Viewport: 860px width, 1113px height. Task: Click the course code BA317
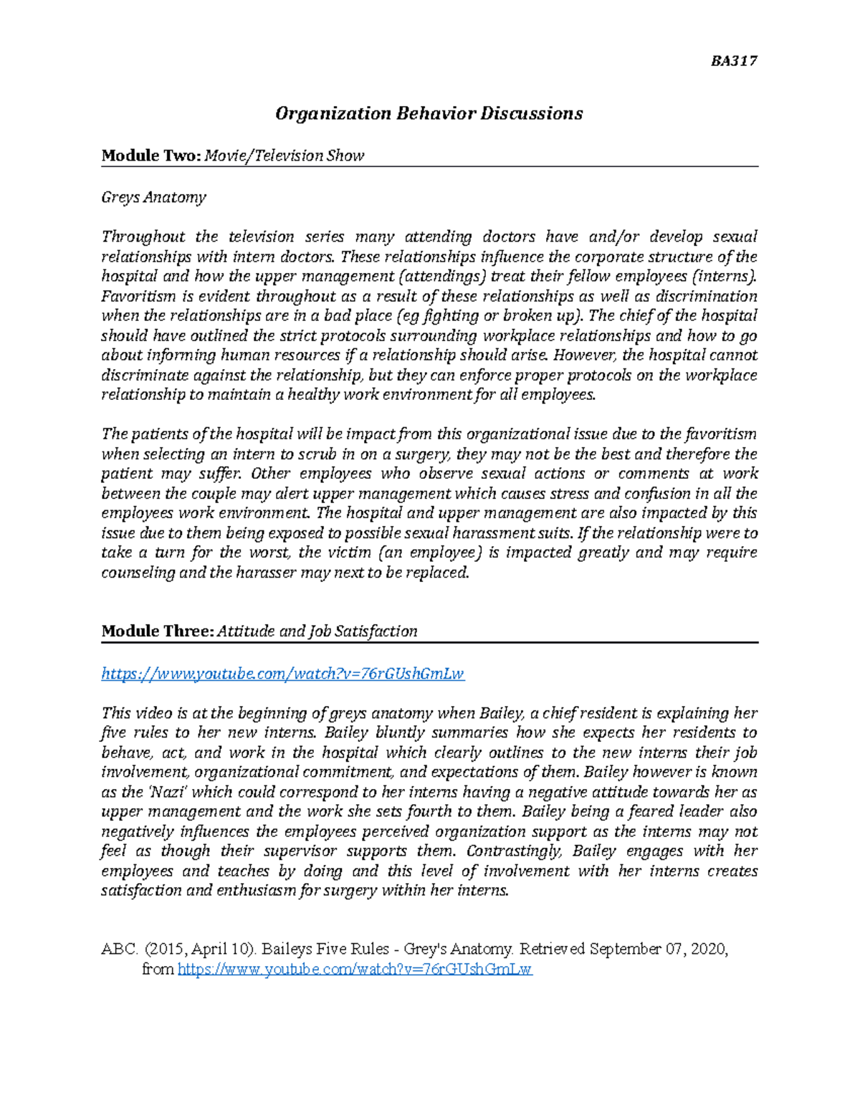tap(734, 61)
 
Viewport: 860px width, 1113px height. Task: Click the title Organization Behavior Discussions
tap(429, 113)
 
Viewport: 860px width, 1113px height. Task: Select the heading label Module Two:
tap(151, 156)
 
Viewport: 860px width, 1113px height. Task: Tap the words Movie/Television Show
tap(285, 156)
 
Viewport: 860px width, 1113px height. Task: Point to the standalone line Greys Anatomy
tap(153, 197)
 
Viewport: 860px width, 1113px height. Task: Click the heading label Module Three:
tap(157, 631)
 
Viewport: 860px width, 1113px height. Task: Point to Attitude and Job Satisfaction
tap(317, 631)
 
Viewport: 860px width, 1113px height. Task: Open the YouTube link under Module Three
tap(283, 674)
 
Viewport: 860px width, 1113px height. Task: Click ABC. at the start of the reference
tap(119, 950)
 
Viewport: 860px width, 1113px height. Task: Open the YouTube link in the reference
tap(354, 970)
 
